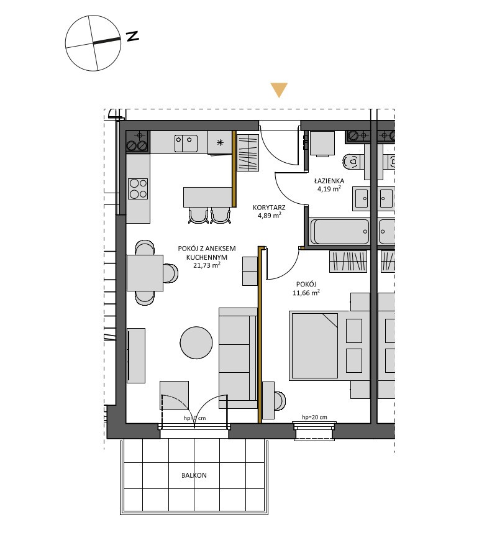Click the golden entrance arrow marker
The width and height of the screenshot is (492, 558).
(279, 89)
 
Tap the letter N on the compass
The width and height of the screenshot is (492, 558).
(133, 36)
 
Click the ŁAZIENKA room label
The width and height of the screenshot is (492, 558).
(329, 181)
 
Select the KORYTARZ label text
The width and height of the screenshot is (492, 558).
(269, 208)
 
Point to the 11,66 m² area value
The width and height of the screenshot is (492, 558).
(306, 293)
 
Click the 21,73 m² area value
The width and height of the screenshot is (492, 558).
(207, 265)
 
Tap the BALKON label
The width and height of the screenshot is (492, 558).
(194, 475)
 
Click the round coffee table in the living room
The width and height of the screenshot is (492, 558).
(196, 342)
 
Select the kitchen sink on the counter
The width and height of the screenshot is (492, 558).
(186, 143)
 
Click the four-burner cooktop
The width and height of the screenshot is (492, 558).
(139, 189)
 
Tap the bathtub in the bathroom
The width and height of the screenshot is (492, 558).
(340, 231)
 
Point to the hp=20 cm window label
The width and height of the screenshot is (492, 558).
(314, 417)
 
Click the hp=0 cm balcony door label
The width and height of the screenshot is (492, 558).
(194, 418)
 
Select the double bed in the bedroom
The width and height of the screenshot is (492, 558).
(314, 345)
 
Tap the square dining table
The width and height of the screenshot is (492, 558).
(145, 273)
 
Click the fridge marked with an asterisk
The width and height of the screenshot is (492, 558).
(220, 143)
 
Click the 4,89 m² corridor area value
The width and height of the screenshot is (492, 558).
(270, 215)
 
